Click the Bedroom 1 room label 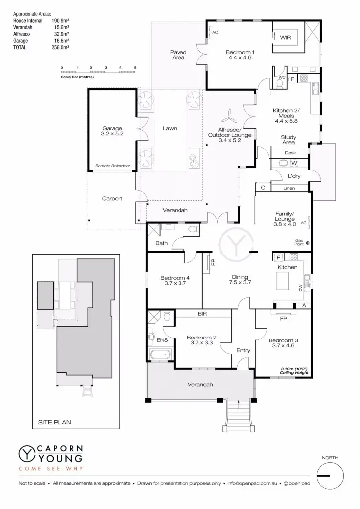click(240, 52)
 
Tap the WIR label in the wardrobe click(285, 37)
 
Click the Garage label click(112, 128)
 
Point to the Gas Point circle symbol click(308, 243)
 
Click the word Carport click(112, 198)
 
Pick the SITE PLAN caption click(55, 422)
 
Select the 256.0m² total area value click(60, 47)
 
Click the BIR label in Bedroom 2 click(202, 314)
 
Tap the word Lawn click(170, 128)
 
